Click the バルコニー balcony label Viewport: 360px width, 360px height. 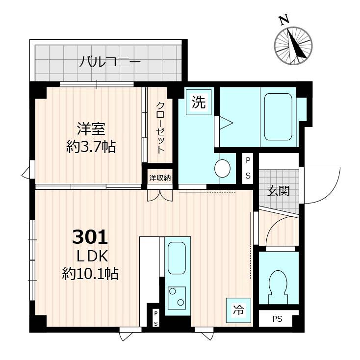(110, 62)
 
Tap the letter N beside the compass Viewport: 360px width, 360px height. (283, 20)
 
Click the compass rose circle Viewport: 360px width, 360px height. (293, 46)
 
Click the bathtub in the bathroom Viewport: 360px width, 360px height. (278, 116)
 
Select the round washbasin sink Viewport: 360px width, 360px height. (223, 168)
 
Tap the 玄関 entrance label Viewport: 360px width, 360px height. (278, 191)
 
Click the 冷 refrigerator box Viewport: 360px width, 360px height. (238, 309)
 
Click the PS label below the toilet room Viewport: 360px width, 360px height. (278, 319)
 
